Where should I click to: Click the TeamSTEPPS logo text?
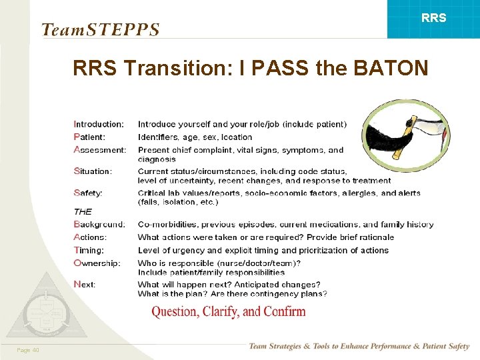(101, 30)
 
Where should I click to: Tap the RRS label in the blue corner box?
(434, 19)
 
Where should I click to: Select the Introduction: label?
(99, 124)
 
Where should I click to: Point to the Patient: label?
(89, 137)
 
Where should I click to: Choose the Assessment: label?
(100, 149)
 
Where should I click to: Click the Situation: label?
(93, 171)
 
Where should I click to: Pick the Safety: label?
(88, 193)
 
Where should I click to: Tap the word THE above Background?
(83, 211)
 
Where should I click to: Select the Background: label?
(99, 225)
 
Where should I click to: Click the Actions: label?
(90, 237)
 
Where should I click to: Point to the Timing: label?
(89, 250)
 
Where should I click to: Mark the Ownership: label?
(97, 263)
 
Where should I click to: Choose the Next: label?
(85, 284)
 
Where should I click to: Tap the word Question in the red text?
(175, 311)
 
